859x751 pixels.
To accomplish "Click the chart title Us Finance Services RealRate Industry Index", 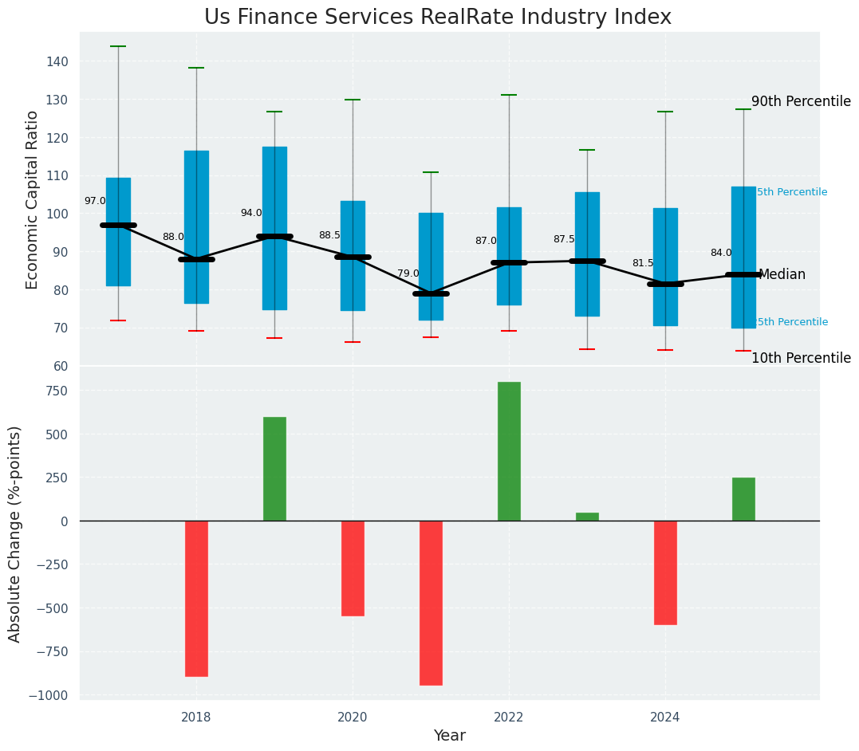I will click(x=437, y=17).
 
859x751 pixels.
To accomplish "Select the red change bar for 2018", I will click(x=196, y=598).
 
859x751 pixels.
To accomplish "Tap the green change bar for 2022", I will click(x=509, y=451).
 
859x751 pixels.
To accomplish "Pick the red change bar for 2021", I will click(x=431, y=603).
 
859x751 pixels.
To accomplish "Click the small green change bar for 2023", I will click(x=587, y=517).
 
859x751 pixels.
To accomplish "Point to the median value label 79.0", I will click(x=408, y=273).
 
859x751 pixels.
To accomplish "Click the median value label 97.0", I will click(x=95, y=201).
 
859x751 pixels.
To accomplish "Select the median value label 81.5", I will click(x=642, y=263).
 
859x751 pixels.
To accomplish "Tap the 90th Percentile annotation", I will click(x=801, y=101).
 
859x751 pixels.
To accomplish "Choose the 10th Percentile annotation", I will click(x=801, y=358).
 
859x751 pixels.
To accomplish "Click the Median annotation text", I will click(x=782, y=274).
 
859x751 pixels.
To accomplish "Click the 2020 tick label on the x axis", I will click(x=353, y=718).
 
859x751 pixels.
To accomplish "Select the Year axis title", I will click(x=449, y=736).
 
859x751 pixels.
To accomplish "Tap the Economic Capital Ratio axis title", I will click(x=33, y=199).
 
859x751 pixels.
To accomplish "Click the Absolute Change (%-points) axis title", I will click(x=15, y=533).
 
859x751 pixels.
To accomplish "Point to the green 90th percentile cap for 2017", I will click(x=118, y=46).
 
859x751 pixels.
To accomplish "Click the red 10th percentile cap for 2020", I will click(x=353, y=342).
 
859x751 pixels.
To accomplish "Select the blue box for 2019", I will click(x=274, y=228).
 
